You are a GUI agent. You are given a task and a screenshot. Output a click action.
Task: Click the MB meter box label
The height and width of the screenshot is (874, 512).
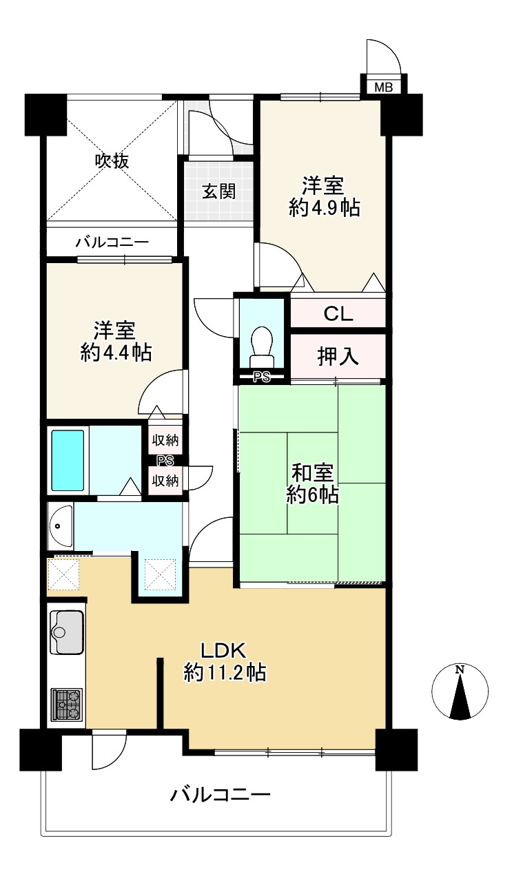(384, 87)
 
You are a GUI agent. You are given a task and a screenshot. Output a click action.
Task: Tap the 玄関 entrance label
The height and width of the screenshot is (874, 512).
(219, 192)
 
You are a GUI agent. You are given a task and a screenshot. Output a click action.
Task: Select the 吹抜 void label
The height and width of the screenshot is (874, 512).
(112, 160)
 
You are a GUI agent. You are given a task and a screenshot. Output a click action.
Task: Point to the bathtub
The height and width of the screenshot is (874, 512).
(68, 460)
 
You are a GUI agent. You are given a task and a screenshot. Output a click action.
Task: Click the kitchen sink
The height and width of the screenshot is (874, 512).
(67, 632)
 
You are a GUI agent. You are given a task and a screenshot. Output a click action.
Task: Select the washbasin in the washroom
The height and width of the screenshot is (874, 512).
(61, 526)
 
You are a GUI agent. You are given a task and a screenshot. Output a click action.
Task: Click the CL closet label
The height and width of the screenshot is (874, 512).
(338, 313)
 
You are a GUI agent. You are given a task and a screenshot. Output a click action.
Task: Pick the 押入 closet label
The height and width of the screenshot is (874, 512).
(338, 357)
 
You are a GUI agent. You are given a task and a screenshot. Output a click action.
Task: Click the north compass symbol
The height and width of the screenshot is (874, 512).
(460, 691)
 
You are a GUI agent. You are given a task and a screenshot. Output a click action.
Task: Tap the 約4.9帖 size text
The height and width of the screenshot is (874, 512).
(325, 207)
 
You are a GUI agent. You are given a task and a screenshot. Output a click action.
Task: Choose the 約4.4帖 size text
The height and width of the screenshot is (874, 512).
(116, 353)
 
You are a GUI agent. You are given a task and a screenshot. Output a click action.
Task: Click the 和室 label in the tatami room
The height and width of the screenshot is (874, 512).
(313, 474)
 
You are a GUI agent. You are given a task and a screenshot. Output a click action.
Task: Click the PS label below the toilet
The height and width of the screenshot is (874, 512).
(262, 377)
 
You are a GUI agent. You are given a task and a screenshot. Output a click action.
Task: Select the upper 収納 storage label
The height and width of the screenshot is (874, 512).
(165, 441)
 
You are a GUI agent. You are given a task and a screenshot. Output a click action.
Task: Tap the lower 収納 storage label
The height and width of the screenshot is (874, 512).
(165, 481)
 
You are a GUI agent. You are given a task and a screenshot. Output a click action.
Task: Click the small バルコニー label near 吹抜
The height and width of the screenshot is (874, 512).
(112, 242)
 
